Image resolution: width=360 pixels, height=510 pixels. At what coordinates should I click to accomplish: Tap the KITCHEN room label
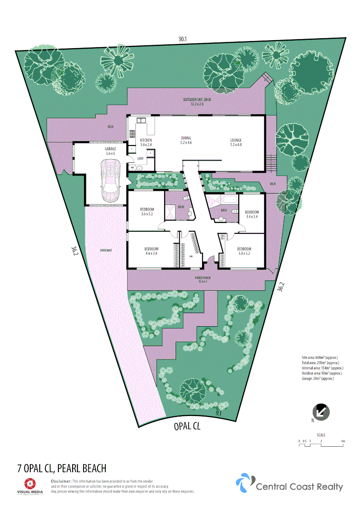tap(146, 140)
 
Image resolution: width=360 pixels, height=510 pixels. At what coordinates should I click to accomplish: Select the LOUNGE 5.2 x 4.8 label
tap(236, 140)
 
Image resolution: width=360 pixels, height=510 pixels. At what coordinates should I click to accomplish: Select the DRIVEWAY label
tap(106, 250)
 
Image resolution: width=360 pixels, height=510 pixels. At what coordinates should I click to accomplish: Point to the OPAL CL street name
tap(187, 427)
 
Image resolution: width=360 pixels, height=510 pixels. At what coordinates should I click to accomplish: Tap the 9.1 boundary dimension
tap(218, 413)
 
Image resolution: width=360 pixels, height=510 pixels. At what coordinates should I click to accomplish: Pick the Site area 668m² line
tap(319, 357)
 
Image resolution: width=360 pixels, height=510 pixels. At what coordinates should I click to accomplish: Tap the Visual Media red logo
tap(30, 483)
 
